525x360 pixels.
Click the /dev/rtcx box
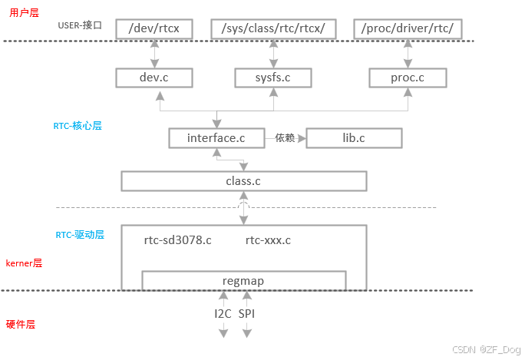pyautogui.click(x=154, y=29)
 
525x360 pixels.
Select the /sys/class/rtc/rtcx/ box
pyautogui.click(x=273, y=29)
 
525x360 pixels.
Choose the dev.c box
pyautogui.click(x=154, y=78)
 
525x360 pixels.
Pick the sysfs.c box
pyautogui.click(x=272, y=78)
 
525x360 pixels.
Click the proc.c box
pyautogui.click(x=408, y=78)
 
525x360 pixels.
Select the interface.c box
pyautogui.click(x=216, y=138)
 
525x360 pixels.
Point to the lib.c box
pyautogui.click(x=354, y=138)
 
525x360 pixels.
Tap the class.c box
pyautogui.click(x=244, y=181)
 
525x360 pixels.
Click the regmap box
pyautogui.click(x=243, y=281)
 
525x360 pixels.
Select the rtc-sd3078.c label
pyautogui.click(x=177, y=240)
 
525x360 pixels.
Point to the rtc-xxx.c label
pyautogui.click(x=268, y=240)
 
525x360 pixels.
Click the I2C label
pyautogui.click(x=223, y=314)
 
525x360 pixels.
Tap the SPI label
pyautogui.click(x=247, y=314)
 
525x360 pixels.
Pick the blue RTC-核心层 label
pyautogui.click(x=78, y=125)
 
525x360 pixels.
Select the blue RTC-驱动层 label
pyautogui.click(x=80, y=234)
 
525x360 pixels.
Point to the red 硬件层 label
pyautogui.click(x=21, y=324)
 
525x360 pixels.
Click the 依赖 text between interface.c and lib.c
pyautogui.click(x=286, y=138)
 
